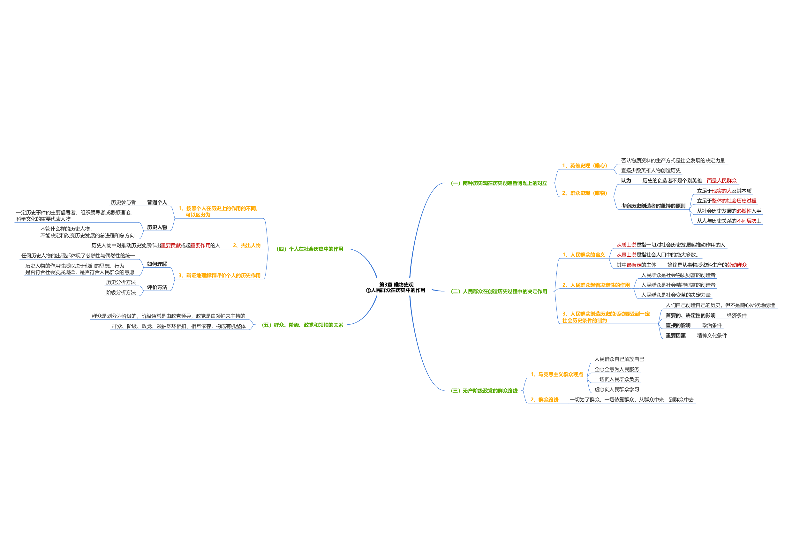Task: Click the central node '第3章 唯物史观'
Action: [396, 285]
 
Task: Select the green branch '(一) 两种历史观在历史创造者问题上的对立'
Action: [499, 183]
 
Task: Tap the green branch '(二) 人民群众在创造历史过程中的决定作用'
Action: [499, 291]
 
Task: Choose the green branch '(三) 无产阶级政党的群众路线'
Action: [484, 390]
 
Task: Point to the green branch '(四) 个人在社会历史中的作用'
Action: [309, 249]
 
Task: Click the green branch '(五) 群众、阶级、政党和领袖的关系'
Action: [302, 325]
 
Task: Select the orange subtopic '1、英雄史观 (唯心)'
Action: [584, 166]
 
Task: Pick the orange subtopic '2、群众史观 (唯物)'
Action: [584, 193]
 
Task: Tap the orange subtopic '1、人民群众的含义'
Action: [583, 255]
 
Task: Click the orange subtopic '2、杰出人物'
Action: [246, 245]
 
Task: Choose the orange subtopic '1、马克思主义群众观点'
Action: [556, 375]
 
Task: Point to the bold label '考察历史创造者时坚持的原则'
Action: [653, 206]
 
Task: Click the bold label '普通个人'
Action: [157, 202]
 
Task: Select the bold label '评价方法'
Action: [157, 287]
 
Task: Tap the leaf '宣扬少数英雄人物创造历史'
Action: [651, 170]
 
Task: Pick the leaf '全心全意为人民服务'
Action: [617, 369]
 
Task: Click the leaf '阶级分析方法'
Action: [121, 292]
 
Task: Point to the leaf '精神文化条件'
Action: [711, 335]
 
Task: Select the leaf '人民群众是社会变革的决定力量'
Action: [675, 295]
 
